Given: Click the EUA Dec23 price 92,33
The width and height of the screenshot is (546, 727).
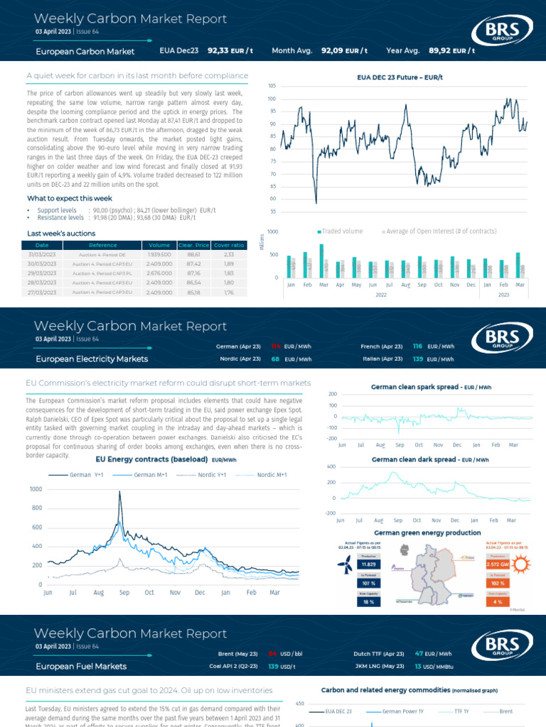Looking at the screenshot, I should [218, 51].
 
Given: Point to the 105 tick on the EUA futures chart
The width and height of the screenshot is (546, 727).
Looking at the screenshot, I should [272, 86].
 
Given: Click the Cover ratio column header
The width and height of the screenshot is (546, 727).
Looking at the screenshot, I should [229, 245].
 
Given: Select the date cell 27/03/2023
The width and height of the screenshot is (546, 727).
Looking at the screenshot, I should [42, 291].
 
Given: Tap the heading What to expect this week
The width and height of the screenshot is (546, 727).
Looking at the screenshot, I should [70, 198].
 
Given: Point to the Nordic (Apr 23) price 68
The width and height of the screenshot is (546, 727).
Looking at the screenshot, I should [275, 359].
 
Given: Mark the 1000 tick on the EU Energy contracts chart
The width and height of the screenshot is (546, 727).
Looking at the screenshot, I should [35, 490].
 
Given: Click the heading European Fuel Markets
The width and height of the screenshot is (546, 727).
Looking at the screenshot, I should [81, 666].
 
